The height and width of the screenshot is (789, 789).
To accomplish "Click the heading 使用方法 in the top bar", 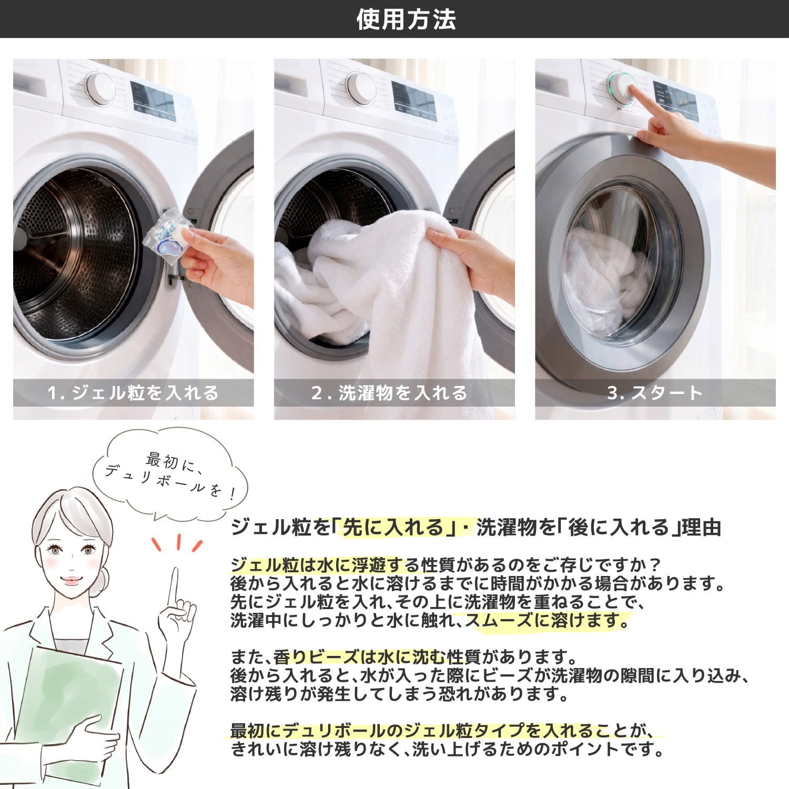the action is (406, 19).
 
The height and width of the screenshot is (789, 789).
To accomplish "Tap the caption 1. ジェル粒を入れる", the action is (133, 393).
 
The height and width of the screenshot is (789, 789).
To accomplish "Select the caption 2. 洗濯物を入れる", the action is (389, 393).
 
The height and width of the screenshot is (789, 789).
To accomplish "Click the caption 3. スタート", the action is (655, 393).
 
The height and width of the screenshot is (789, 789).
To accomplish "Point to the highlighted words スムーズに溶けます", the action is (547, 621).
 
